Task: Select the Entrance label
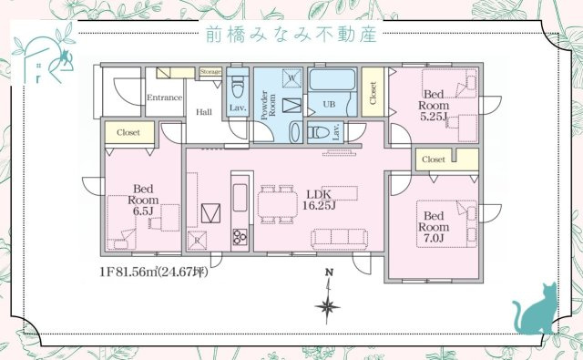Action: tap(165, 98)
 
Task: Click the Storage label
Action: tap(210, 71)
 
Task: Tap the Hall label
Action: tap(207, 113)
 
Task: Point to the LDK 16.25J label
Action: tap(320, 200)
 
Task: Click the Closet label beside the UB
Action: tap(373, 91)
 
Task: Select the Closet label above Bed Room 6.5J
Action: tap(128, 132)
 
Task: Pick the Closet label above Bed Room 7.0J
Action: tap(434, 159)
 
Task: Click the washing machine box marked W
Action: tap(291, 78)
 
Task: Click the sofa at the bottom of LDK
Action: tap(341, 239)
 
